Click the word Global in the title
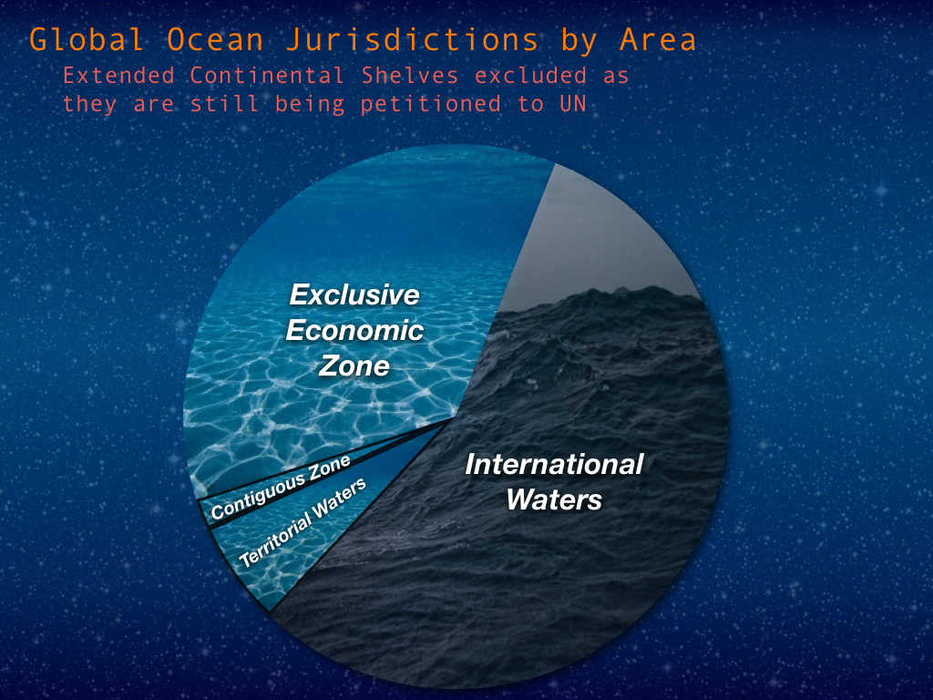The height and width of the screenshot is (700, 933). point(87,40)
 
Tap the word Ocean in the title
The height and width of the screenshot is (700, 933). point(215,40)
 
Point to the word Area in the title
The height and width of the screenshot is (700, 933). point(657,40)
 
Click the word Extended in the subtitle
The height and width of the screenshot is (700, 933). point(118,76)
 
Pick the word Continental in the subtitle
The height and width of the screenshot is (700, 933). point(267,76)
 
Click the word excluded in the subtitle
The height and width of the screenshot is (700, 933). point(530,76)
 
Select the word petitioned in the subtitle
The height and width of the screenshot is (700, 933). point(431,105)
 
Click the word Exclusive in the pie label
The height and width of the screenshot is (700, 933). point(354,294)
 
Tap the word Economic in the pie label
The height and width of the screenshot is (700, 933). point(354,330)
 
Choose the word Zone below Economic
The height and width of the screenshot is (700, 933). point(354,365)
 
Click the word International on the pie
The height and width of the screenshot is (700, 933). point(554,464)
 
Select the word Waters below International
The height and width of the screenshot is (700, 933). point(554,499)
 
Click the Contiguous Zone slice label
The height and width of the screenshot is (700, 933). point(281,489)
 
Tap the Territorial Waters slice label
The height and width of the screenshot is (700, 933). point(302,523)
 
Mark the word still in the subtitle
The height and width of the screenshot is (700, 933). point(224,104)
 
